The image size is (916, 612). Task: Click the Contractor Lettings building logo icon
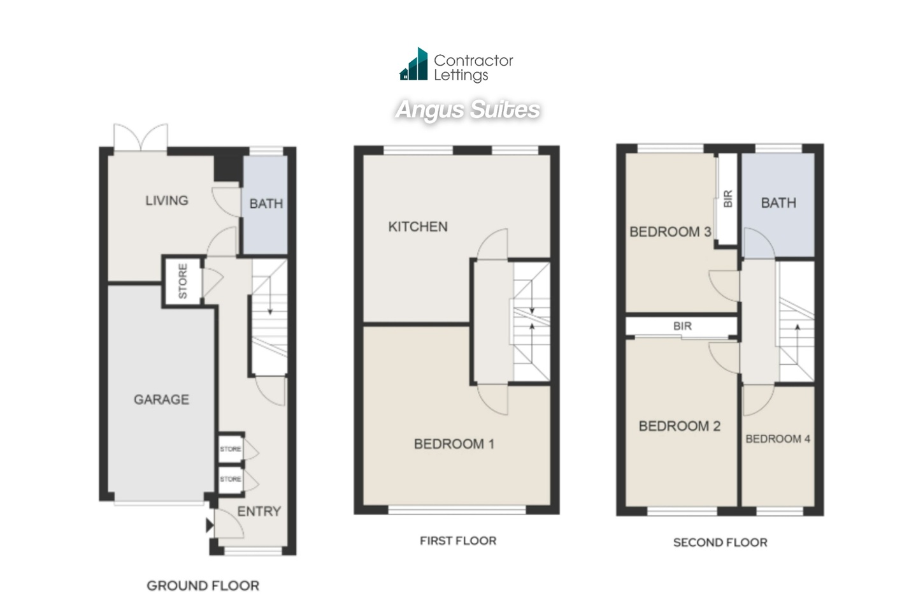(x=413, y=64)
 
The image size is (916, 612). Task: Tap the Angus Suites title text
(x=468, y=110)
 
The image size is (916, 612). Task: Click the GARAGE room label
(x=162, y=400)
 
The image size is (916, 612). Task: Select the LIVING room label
(x=167, y=201)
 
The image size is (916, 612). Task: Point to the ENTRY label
(x=259, y=511)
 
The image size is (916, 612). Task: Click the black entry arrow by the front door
(x=210, y=525)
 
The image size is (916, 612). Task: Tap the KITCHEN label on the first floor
(x=418, y=227)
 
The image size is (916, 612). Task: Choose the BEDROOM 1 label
(x=454, y=444)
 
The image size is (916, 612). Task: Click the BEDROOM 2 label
(x=680, y=426)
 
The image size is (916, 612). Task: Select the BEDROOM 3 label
(x=671, y=231)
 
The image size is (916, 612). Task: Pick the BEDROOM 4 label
(x=778, y=439)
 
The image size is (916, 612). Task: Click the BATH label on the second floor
(x=778, y=203)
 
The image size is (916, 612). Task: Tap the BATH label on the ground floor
(x=266, y=203)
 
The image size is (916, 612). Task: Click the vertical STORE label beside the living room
(x=183, y=281)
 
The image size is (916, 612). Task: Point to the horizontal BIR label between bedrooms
(x=682, y=326)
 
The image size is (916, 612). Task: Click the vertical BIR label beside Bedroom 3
(x=728, y=199)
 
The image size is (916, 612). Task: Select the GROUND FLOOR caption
(x=203, y=586)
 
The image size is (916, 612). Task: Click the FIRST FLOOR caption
(x=458, y=541)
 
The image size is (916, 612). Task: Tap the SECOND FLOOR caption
(x=720, y=543)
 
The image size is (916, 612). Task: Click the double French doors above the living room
(x=141, y=137)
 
